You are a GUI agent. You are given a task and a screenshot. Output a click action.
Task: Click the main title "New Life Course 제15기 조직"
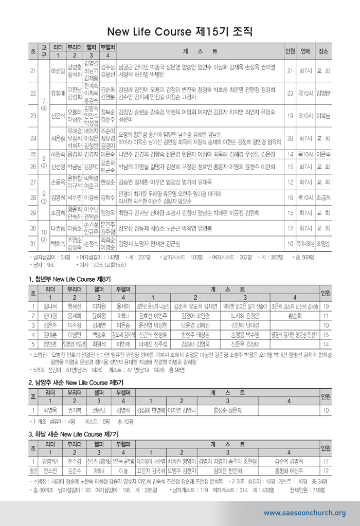click(179, 32)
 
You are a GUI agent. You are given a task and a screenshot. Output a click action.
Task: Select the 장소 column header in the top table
click(323, 51)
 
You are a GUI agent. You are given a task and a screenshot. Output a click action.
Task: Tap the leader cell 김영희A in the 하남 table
click(50, 462)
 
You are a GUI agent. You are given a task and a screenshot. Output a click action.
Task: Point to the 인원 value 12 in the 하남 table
click(326, 470)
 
